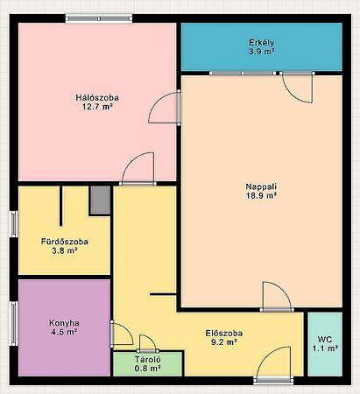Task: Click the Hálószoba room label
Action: (97, 97)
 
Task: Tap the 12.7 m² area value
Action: (97, 107)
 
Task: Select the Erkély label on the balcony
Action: (261, 43)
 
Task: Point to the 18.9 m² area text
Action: (261, 195)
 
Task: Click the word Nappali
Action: (261, 186)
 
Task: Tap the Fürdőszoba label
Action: (65, 242)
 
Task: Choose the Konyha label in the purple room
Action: (64, 323)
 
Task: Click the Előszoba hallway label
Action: (224, 333)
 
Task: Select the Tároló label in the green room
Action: (148, 359)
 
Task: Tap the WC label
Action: (325, 340)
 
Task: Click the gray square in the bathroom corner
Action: (100, 200)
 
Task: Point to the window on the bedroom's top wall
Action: (99, 18)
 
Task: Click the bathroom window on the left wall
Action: (14, 224)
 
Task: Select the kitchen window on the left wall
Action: (14, 323)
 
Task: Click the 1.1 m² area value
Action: (325, 348)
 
